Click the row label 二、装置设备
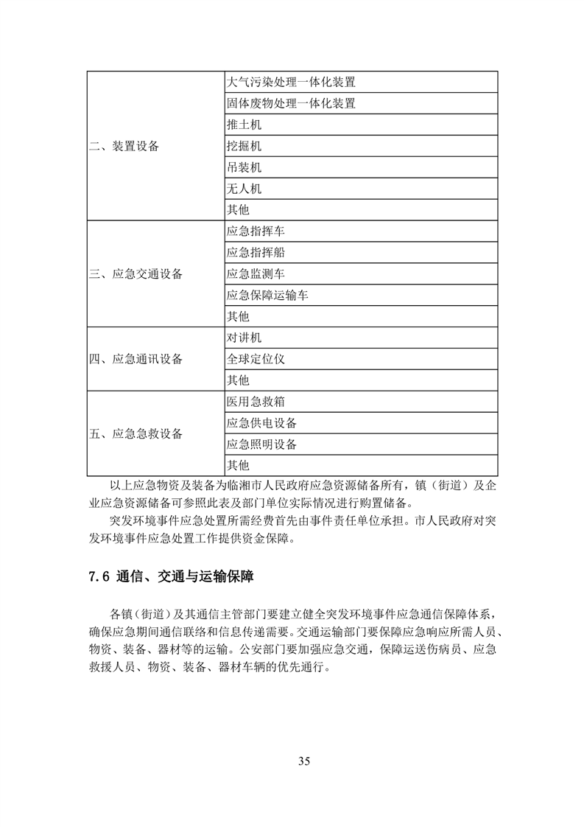124,146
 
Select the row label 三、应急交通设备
136,274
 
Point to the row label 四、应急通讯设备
136,360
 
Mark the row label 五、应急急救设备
136,434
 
